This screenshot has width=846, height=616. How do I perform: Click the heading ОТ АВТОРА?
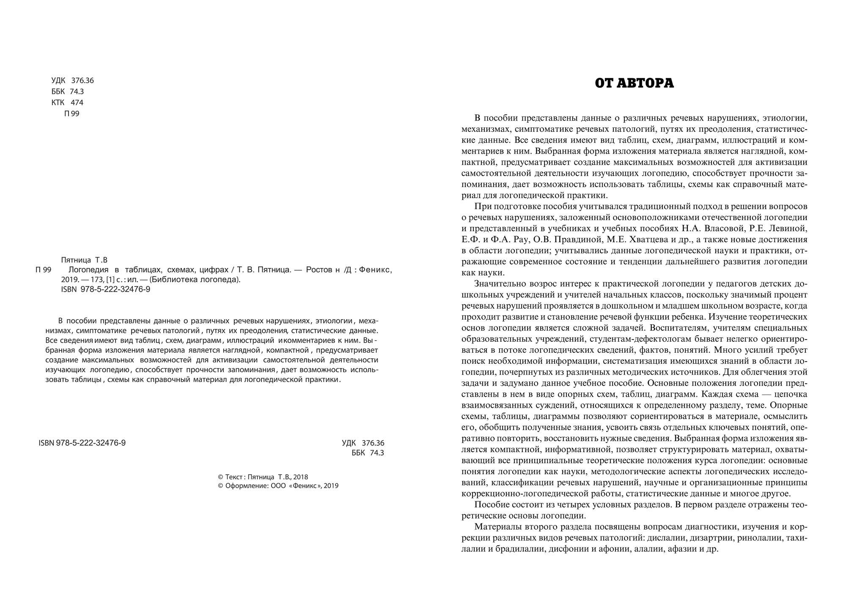point(634,83)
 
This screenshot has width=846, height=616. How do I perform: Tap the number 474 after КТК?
point(77,102)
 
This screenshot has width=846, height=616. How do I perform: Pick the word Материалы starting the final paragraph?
point(496,527)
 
